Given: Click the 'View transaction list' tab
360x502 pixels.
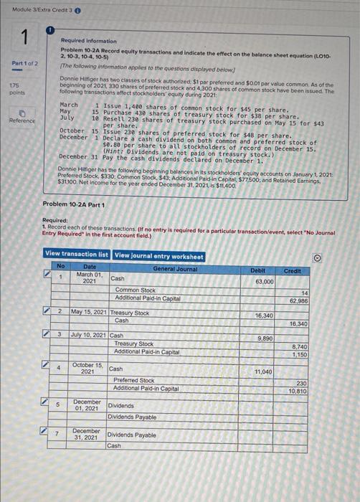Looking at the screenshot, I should click(x=77, y=255).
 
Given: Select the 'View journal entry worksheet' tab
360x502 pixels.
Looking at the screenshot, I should click(x=158, y=255).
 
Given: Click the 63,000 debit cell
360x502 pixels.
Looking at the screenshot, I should click(x=265, y=282).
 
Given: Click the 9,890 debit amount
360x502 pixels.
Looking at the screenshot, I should click(x=265, y=336).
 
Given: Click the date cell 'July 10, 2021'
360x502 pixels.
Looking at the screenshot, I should click(x=87, y=334).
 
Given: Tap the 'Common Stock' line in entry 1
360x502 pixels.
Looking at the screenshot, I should click(x=135, y=290).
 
